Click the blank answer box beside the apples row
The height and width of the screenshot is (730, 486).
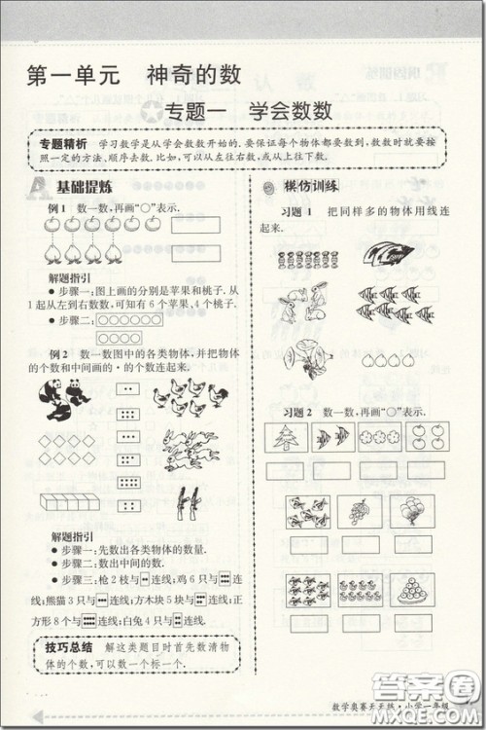(195, 225)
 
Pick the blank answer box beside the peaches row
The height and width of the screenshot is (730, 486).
(195, 253)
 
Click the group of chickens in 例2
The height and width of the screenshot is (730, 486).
(191, 393)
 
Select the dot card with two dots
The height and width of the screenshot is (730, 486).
(126, 389)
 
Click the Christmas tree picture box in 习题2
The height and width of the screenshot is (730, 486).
(289, 437)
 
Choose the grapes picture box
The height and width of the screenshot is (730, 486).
(359, 511)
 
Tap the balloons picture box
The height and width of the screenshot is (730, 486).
(413, 511)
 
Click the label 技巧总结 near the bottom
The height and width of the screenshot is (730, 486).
(69, 647)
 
